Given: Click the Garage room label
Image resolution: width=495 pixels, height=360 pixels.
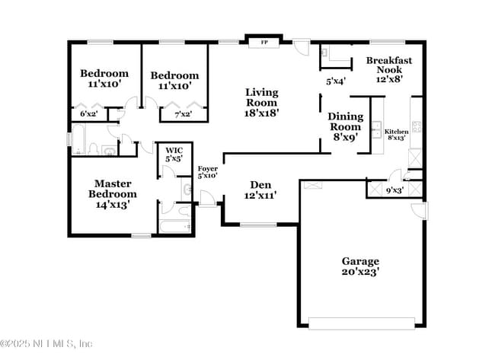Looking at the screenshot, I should pos(360,261).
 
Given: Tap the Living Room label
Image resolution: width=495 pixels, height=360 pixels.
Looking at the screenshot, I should pos(261,97).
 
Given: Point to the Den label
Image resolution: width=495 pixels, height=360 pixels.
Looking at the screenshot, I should pos(261,185).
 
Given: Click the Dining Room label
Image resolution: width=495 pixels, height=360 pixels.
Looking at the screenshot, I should pos(346,122).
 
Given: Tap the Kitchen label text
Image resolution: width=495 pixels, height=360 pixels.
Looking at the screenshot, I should pos(397,132).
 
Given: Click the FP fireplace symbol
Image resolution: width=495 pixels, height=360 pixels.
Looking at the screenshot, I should pos(264,43).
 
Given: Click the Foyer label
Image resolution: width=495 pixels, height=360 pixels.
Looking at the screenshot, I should pos(207,168).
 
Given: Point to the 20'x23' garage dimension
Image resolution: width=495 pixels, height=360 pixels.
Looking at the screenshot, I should pos(360,272).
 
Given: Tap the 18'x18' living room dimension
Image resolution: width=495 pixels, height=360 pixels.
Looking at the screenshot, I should pos(261,113).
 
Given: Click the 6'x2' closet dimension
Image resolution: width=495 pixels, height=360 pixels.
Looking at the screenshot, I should pos(89,114).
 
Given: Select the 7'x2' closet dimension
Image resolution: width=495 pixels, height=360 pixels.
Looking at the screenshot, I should pos(183,114).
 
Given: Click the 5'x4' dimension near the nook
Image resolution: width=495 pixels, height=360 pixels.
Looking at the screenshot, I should pos(335,81).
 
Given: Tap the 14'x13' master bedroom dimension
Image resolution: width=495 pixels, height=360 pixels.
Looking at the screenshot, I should pos(113,204).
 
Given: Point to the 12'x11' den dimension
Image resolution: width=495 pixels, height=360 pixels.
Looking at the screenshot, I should pos(261,196).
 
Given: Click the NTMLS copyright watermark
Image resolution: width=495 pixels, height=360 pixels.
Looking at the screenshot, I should pos(46,343).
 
